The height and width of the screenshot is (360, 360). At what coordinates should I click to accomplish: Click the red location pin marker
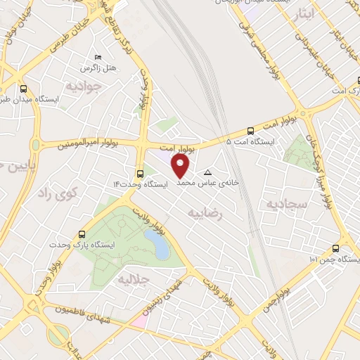point(181,166)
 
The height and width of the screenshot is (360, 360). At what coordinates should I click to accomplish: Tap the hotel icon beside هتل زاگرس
point(97,56)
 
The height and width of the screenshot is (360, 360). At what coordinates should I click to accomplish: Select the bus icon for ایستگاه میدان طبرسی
point(25,89)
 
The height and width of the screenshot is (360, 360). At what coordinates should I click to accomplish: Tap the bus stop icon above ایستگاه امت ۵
point(251,130)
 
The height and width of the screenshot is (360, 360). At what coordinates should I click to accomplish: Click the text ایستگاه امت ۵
point(251,141)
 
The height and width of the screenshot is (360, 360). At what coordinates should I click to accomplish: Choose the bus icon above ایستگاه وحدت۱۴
point(140,174)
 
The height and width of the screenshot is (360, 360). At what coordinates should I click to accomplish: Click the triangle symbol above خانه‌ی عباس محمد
point(207,172)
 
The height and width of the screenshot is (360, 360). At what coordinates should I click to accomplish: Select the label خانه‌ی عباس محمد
point(208,183)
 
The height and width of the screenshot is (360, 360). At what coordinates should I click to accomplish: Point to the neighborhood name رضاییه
point(205,213)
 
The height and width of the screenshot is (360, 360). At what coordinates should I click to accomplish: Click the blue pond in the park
point(159,247)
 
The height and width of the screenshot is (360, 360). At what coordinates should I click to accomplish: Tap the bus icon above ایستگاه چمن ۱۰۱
point(335,249)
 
